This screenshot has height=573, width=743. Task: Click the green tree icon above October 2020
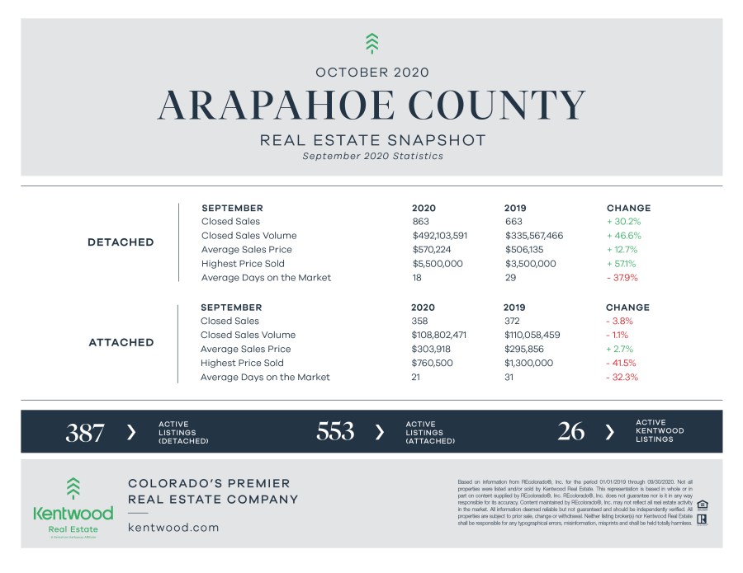[371, 43]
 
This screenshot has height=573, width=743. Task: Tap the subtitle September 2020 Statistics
[372, 156]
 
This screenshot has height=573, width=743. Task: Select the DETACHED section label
[121, 242]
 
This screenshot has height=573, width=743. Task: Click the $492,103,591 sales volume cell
[439, 236]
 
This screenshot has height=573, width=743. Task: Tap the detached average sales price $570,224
[433, 250]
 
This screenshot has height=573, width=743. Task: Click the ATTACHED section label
[121, 342]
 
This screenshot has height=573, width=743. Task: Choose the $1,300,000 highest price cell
[530, 364]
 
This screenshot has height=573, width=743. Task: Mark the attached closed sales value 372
[512, 322]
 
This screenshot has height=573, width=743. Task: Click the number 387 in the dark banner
[84, 432]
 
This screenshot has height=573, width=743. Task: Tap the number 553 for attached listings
[334, 432]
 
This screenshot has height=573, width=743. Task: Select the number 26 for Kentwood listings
[571, 432]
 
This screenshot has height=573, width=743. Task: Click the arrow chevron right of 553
[380, 432]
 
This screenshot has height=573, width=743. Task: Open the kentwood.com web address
[173, 527]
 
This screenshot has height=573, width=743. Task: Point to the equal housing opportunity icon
[702, 505]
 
